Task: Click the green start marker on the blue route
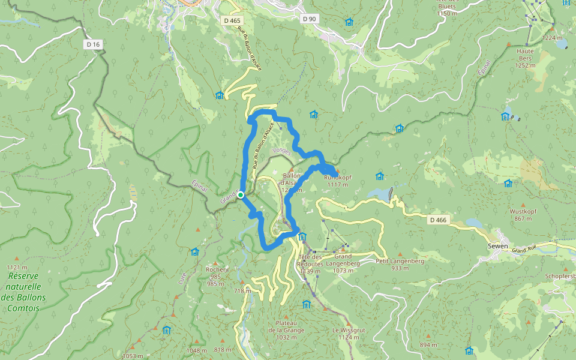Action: pos(240,195)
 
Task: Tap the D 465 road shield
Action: pos(232,20)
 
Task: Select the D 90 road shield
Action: pos(309,19)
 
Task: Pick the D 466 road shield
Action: pos(439,220)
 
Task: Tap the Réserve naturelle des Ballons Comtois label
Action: pos(24,292)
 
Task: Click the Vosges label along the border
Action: pos(281,151)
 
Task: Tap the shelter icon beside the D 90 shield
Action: pos(349,22)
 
